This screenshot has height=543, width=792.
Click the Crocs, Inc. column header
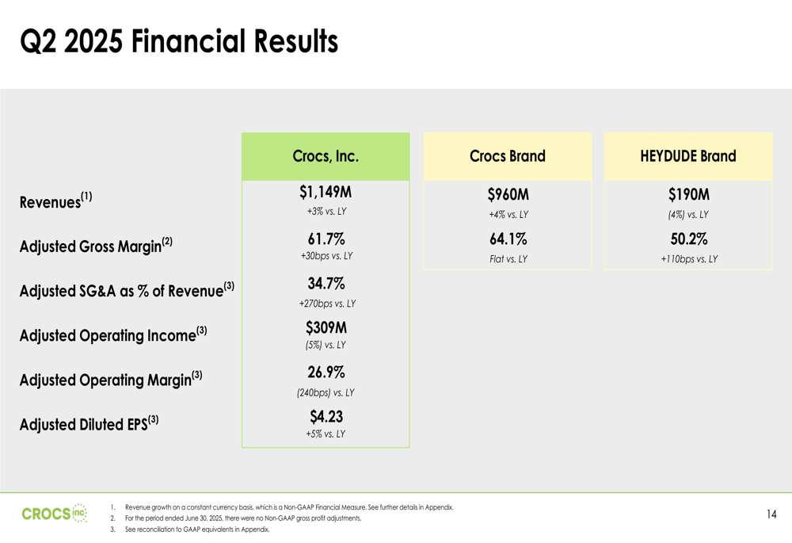tap(326, 156)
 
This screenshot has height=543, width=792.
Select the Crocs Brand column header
tap(508, 156)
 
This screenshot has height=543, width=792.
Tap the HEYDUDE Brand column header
tap(688, 156)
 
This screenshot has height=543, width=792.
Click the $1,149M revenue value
tap(326, 192)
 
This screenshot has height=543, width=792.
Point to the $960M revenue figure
tap(508, 195)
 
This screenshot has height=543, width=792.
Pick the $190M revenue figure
tap(689, 195)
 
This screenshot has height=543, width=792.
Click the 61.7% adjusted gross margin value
tap(326, 239)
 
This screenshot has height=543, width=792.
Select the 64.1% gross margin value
tap(508, 239)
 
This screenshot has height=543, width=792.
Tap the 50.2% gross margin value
tap(689, 239)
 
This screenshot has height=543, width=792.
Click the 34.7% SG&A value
tap(326, 283)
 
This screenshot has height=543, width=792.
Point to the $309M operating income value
tap(326, 327)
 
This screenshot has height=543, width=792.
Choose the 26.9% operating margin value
tap(326, 372)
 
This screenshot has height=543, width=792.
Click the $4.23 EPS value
tap(326, 417)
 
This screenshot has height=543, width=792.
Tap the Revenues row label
tap(56, 201)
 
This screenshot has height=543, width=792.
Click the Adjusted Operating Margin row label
tap(111, 379)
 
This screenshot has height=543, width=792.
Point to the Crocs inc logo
tap(55, 514)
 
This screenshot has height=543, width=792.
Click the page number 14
tap(771, 514)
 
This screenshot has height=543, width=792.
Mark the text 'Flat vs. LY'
tap(508, 259)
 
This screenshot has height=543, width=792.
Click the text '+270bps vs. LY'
tap(327, 304)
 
